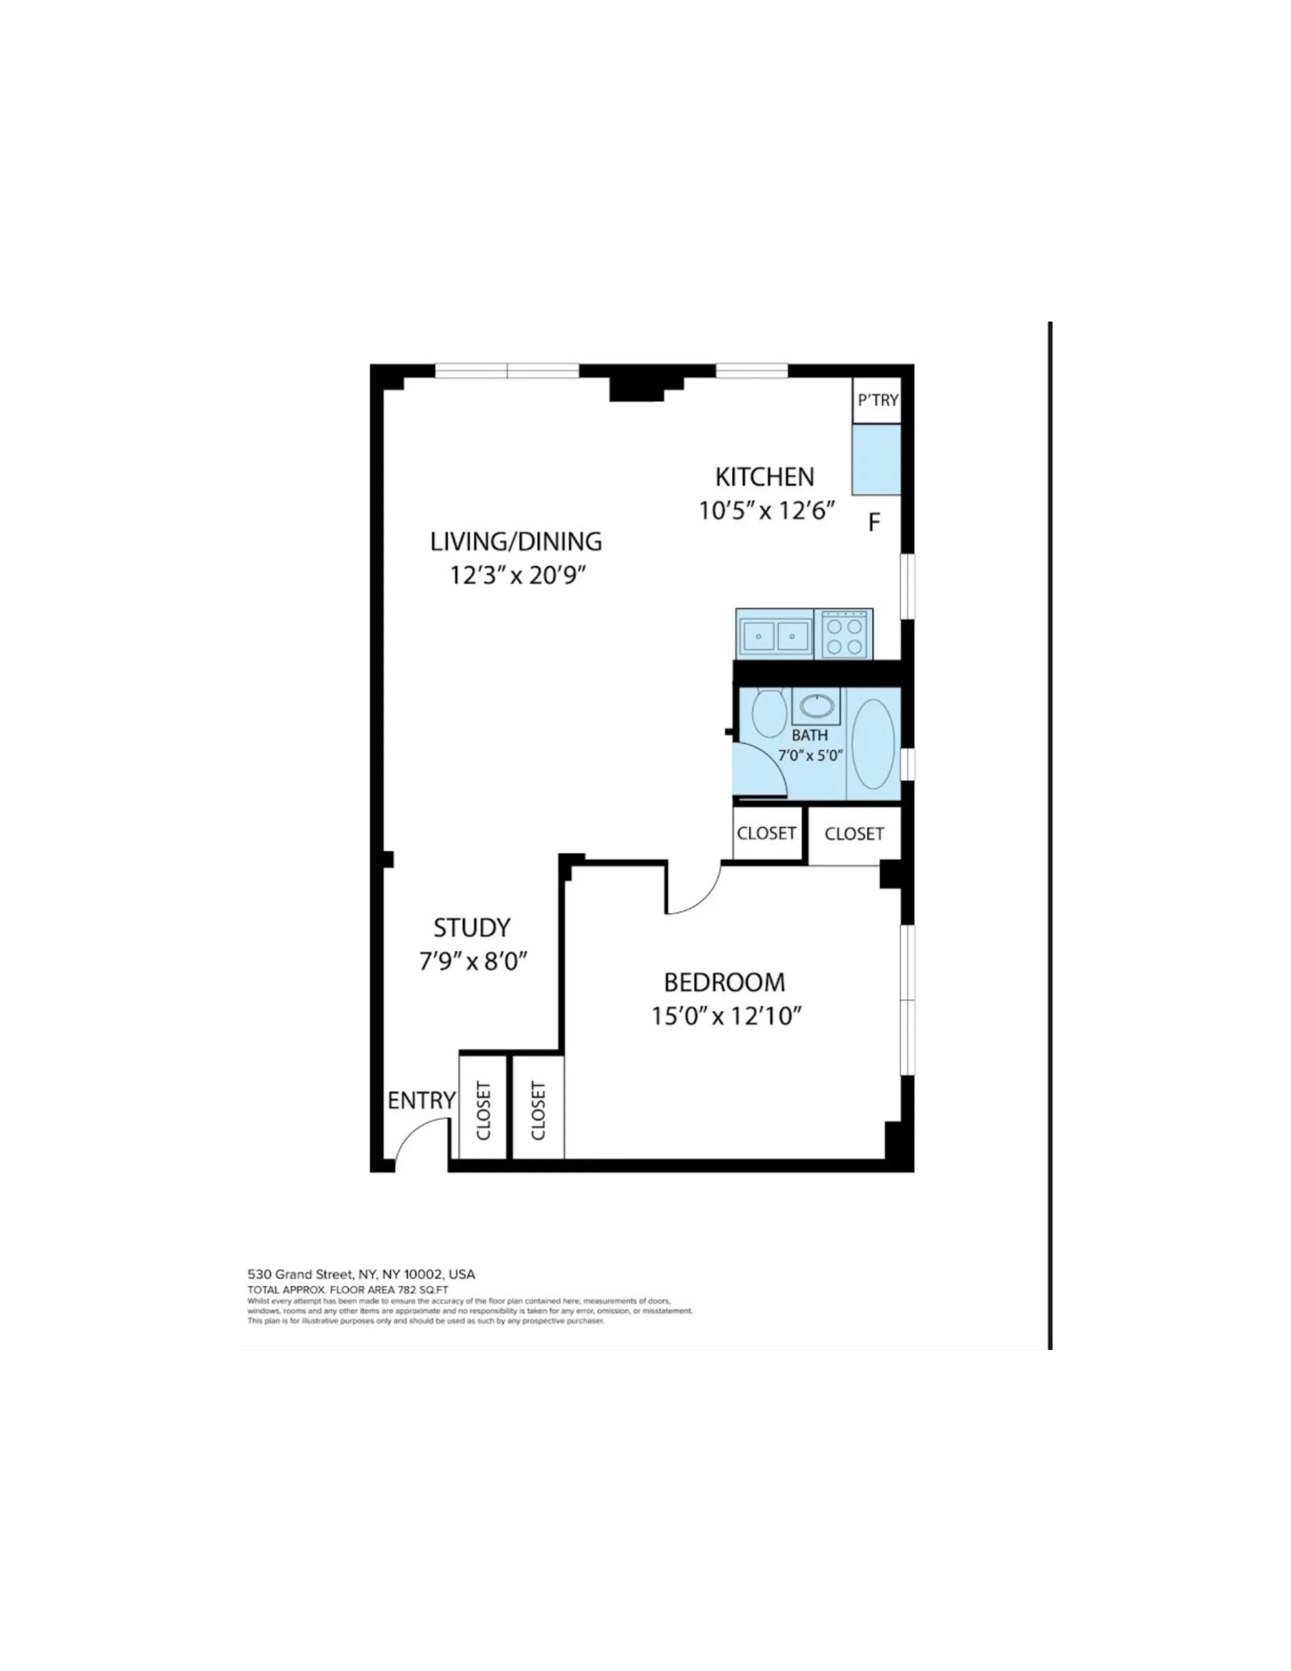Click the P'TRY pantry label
point(877,400)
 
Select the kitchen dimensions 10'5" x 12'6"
point(765,510)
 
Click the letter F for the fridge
point(874,524)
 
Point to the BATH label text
point(809,736)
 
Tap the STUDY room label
point(472,928)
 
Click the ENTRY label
point(421,1101)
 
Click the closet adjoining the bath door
point(766,833)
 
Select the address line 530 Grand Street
point(361,1274)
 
